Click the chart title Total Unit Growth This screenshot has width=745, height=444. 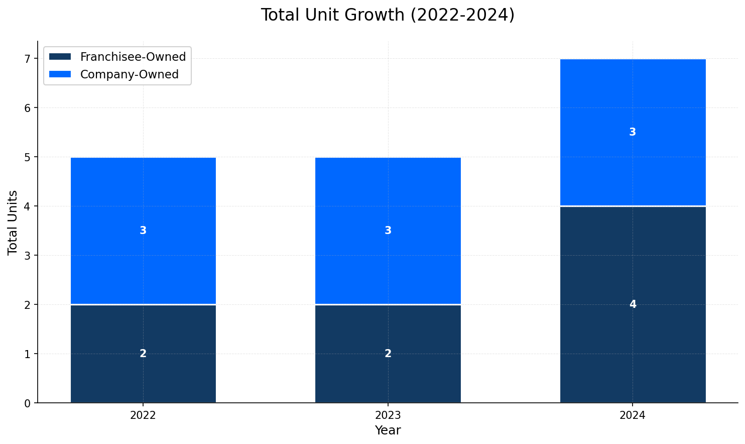click(x=387, y=15)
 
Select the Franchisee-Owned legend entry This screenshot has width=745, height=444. click(x=133, y=57)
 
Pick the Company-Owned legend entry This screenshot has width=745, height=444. click(x=129, y=74)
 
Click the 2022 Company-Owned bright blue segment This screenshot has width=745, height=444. click(x=143, y=201)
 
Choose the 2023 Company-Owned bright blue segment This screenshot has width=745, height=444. click(x=388, y=201)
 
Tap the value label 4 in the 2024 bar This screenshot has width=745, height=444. click(x=633, y=304)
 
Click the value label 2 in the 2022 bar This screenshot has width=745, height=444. click(x=143, y=354)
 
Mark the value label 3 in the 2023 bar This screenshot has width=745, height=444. click(x=388, y=231)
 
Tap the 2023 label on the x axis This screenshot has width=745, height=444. click(x=388, y=415)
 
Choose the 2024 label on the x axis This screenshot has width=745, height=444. click(x=633, y=415)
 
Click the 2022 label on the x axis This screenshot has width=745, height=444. click(x=143, y=415)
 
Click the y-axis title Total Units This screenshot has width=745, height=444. click(x=13, y=222)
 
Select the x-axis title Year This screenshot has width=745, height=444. click(x=388, y=430)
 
